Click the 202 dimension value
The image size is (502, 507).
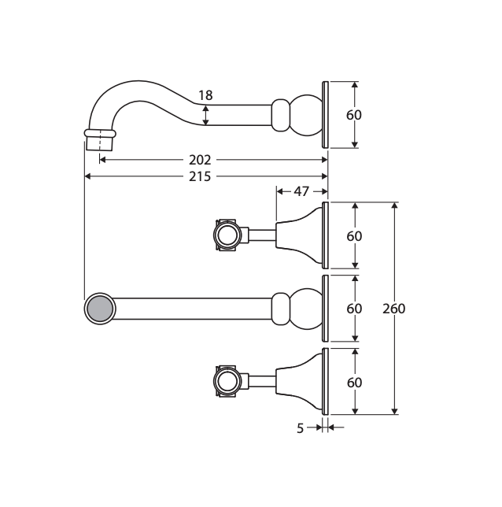coord(200,160)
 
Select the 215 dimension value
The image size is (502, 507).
coord(200,176)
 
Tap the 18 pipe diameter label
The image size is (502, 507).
coord(205,95)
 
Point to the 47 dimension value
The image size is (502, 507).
coord(301,191)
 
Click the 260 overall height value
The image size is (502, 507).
coord(393,309)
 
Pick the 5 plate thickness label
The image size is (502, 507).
coord(301,428)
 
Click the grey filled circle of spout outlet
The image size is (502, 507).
coord(100,309)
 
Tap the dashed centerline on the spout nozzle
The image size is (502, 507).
coord(100,140)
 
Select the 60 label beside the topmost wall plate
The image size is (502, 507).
coord(354,115)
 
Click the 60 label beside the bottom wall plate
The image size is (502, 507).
coord(354,383)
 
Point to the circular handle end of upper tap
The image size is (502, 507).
coord(227,235)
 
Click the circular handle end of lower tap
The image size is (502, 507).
coord(227,381)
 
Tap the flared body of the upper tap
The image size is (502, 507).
coord(299,235)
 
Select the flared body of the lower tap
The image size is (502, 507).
coord(299,381)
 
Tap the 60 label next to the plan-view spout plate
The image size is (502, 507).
coord(354,309)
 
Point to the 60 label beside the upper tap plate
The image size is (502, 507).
coord(354,236)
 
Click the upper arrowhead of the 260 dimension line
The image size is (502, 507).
coord(394,205)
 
